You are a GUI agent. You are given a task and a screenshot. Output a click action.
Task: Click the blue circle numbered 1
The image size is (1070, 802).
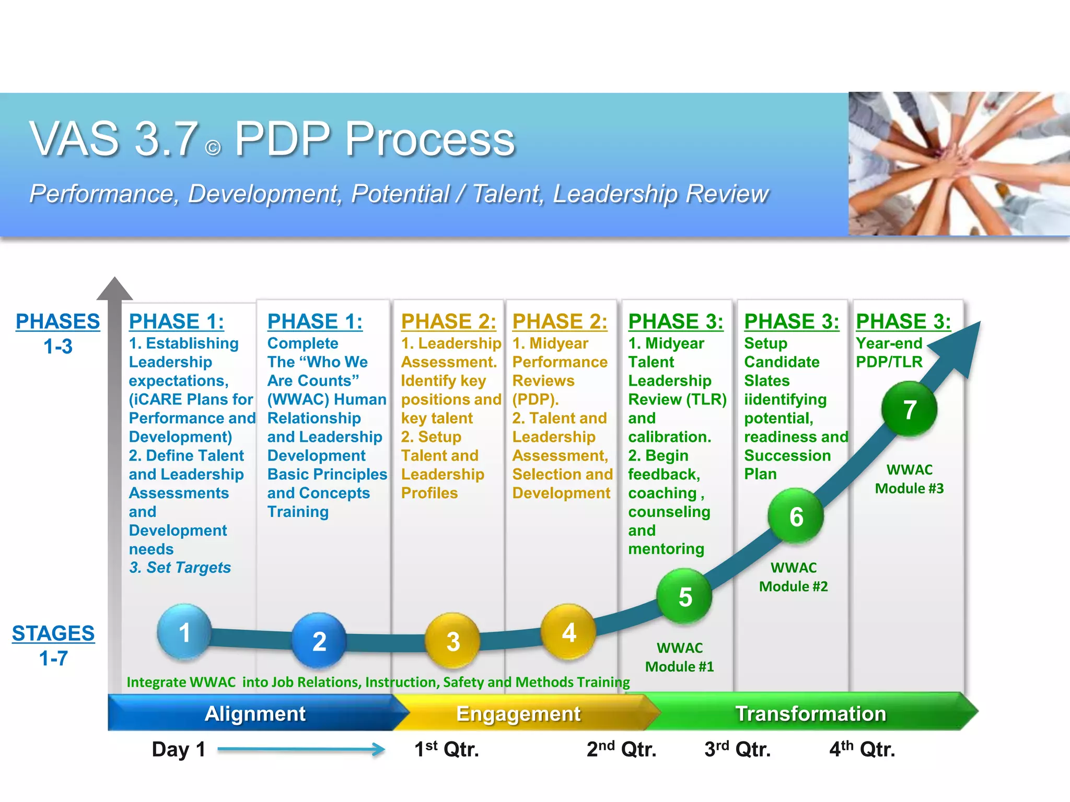click(184, 632)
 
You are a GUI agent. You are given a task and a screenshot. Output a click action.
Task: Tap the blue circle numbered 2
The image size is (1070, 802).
click(319, 641)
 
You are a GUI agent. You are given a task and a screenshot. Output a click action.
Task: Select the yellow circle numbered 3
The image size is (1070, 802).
click(453, 641)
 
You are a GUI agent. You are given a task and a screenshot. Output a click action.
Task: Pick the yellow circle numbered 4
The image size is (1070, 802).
click(568, 632)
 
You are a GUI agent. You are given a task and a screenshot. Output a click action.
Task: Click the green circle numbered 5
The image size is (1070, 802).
click(685, 596)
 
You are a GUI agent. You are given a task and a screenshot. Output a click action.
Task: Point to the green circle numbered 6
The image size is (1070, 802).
click(796, 516)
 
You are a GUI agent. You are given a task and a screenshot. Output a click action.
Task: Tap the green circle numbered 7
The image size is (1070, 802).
click(910, 409)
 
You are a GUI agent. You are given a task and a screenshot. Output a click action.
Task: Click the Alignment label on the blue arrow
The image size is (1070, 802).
click(255, 713)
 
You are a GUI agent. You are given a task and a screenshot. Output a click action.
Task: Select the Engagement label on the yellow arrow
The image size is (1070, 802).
click(518, 713)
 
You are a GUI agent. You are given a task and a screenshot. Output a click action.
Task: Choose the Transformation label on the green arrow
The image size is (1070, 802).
click(810, 713)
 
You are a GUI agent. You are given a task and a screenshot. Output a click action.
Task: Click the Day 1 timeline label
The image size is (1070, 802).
click(178, 749)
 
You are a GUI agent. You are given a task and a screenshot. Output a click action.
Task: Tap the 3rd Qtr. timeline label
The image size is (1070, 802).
click(737, 749)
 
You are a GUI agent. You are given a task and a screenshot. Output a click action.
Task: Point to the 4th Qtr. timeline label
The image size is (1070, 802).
click(862, 749)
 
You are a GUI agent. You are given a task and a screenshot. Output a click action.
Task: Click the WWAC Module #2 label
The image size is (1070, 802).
click(793, 577)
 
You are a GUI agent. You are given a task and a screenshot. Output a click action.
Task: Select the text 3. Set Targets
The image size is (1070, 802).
click(180, 567)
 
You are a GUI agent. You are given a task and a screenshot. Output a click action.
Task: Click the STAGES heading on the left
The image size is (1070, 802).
click(53, 633)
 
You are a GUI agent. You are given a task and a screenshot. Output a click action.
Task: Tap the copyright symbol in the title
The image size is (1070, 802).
click(213, 148)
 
